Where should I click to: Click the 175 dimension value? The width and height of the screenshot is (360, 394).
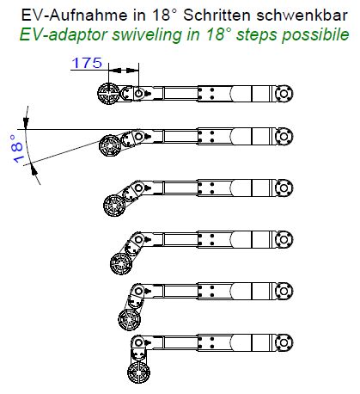[87, 63]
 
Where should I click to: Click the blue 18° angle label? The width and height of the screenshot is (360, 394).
[18, 149]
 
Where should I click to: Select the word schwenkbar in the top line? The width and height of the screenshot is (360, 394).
[302, 15]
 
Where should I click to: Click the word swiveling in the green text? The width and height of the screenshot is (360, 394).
[148, 34]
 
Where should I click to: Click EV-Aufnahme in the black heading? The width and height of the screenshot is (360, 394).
[74, 15]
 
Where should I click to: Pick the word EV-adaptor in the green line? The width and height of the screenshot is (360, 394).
[64, 34]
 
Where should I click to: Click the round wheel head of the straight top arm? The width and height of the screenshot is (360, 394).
[108, 94]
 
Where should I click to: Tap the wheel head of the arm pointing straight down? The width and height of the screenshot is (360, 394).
[138, 372]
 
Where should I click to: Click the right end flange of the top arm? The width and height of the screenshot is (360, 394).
[284, 94]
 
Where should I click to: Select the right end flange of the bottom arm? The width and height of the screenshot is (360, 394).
[284, 342]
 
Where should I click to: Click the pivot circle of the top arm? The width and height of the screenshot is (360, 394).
[138, 93]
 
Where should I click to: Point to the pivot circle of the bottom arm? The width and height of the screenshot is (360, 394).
[138, 342]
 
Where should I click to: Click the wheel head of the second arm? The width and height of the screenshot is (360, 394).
[110, 145]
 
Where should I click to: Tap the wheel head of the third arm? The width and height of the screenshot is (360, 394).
[114, 206]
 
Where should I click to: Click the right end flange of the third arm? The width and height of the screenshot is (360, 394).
[284, 188]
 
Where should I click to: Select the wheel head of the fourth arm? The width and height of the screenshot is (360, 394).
[121, 263]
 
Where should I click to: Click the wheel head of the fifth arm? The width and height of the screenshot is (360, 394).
[130, 319]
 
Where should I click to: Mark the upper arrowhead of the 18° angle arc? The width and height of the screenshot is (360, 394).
[26, 122]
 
